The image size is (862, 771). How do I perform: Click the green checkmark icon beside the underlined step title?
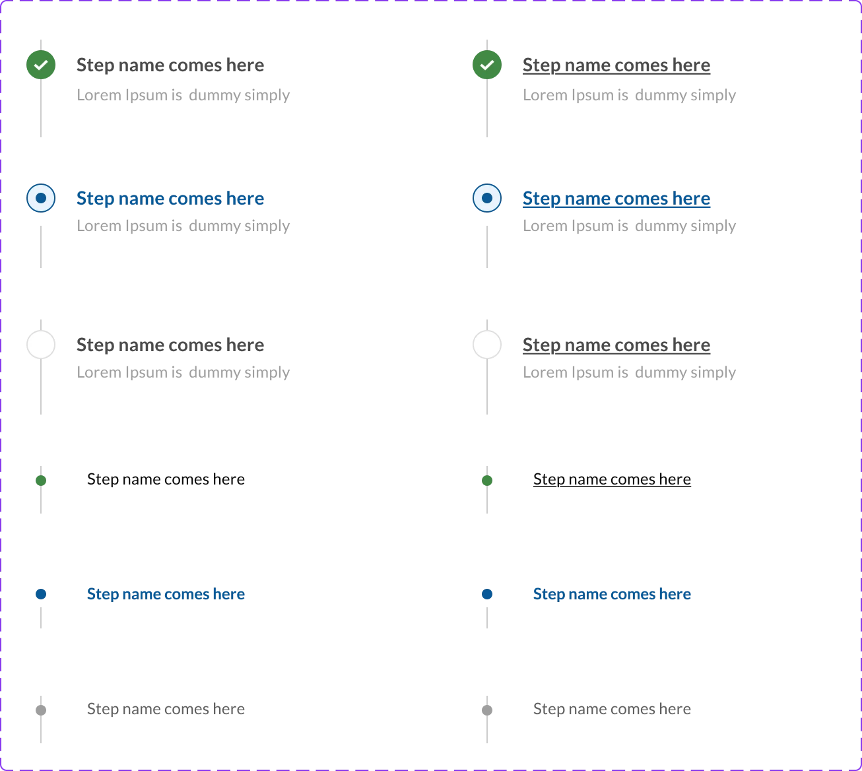click(486, 65)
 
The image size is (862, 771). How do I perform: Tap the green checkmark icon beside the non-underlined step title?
click(41, 65)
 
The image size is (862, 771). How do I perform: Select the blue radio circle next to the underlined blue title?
click(486, 198)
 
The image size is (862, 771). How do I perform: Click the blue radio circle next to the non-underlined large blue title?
click(41, 198)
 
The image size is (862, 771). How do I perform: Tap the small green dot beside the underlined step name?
click(486, 481)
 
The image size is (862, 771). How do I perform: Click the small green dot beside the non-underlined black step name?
click(41, 481)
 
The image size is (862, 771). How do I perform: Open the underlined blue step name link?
click(616, 198)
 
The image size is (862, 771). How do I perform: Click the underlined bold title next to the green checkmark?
click(616, 65)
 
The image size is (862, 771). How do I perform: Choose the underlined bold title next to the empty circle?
click(616, 345)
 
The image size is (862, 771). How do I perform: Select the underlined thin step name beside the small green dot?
click(612, 479)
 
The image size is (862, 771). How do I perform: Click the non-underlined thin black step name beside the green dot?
click(166, 479)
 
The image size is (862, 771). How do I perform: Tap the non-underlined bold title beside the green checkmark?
click(170, 65)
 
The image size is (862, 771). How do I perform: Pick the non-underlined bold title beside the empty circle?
click(170, 345)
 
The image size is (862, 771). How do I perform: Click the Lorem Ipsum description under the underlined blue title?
click(629, 226)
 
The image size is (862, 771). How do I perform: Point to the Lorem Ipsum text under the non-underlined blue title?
click(183, 226)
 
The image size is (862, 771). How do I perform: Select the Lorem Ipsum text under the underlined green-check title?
click(629, 95)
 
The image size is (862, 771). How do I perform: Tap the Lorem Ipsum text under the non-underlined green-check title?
click(183, 95)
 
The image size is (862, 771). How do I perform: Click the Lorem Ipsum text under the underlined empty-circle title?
click(629, 373)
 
